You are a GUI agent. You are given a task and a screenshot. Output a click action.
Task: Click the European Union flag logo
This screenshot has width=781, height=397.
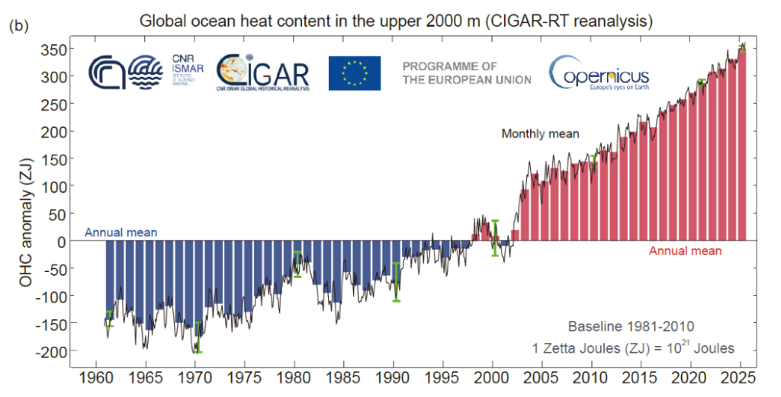point(355,73)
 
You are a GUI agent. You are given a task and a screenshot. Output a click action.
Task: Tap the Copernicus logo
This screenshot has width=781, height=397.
point(599,73)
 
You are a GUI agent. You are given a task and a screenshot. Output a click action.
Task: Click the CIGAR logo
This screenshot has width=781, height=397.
point(262,73)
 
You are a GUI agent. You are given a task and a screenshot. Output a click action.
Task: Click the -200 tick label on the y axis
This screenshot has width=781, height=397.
point(52,351)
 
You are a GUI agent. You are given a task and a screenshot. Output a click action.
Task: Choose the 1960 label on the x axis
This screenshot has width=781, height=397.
point(95,376)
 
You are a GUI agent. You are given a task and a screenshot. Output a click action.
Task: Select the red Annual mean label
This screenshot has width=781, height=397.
point(685,250)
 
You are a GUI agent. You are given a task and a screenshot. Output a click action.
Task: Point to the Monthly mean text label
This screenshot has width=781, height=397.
point(540,134)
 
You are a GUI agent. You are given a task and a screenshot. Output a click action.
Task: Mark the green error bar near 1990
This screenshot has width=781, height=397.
point(396,282)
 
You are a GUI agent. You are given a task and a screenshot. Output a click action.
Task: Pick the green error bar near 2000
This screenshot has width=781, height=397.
point(494,238)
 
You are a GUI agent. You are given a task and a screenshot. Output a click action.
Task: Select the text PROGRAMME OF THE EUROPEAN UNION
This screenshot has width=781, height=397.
point(467,73)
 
